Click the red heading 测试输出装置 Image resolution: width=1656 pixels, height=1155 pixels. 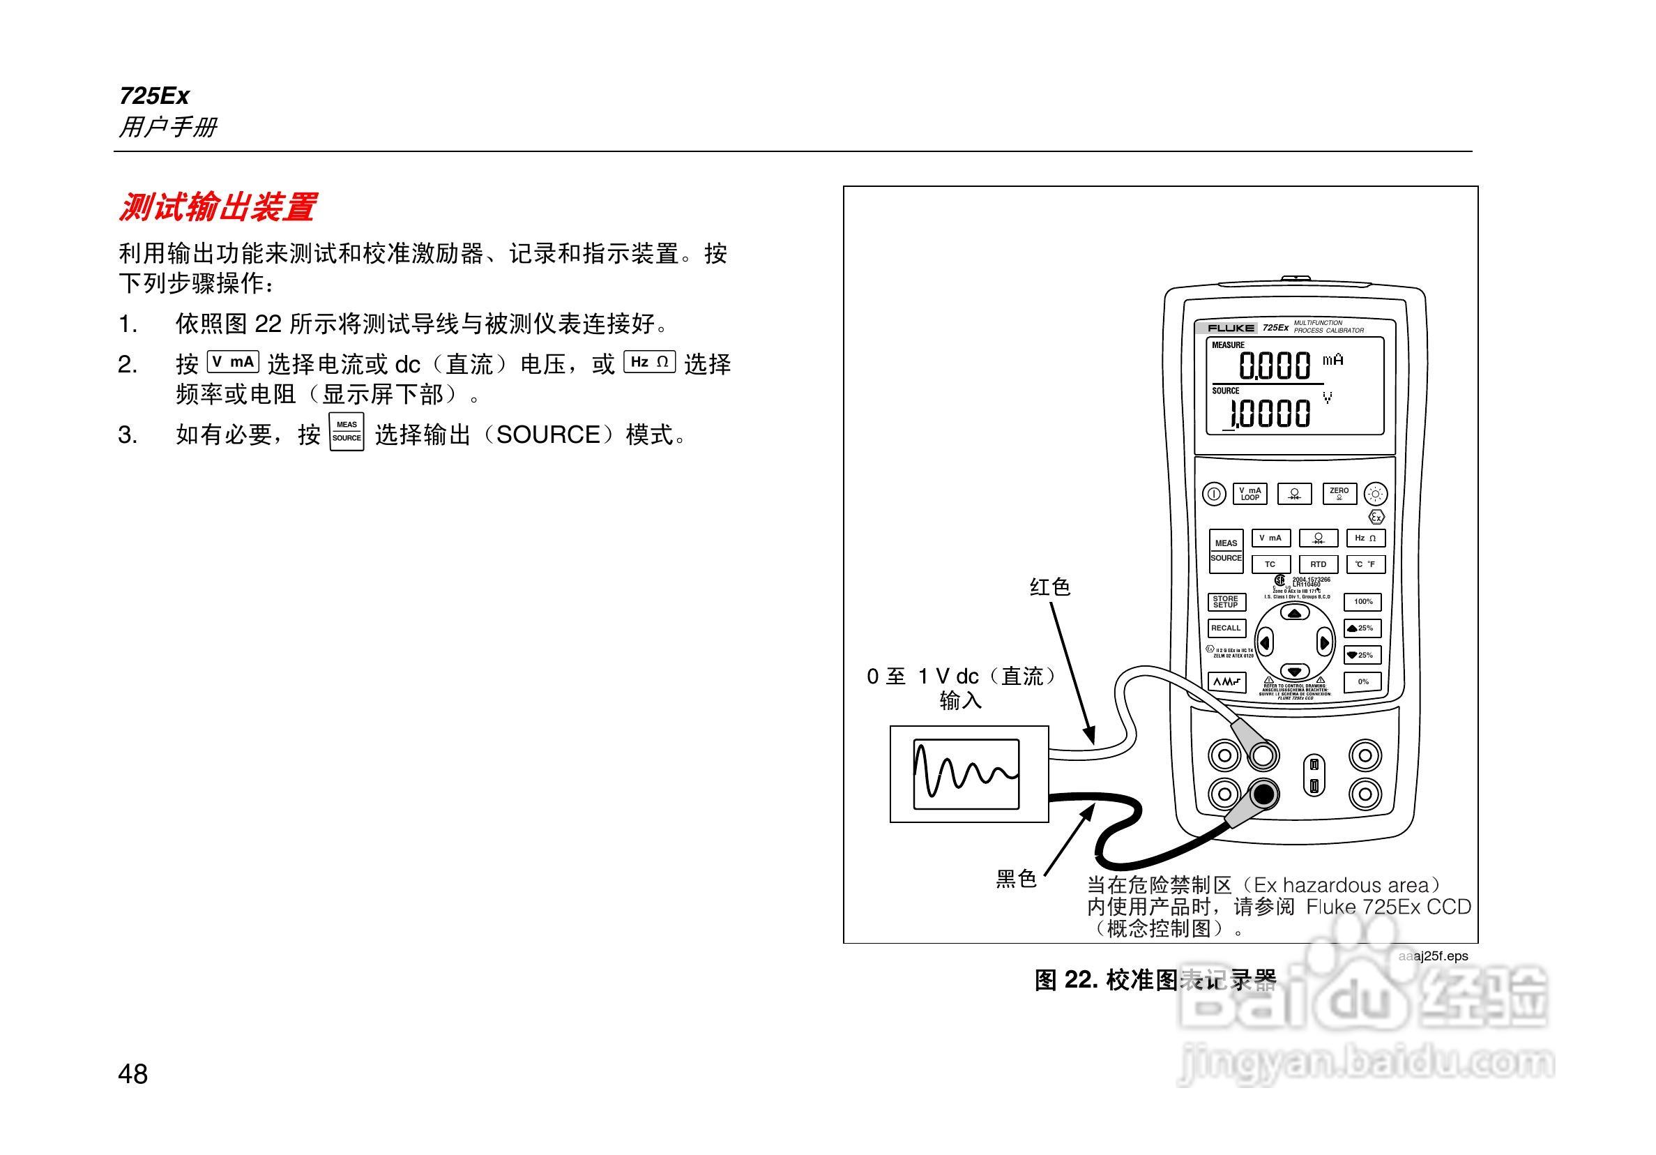tap(217, 208)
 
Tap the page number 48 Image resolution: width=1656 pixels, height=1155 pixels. tap(132, 1074)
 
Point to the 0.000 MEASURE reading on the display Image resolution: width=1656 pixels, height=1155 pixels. tap(1275, 365)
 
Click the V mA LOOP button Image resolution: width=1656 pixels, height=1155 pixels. tap(1249, 495)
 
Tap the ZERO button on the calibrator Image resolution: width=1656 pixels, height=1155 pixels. tap(1339, 495)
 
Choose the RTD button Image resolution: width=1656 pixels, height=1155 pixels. tap(1318, 564)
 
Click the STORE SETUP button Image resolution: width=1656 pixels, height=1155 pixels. tap(1225, 602)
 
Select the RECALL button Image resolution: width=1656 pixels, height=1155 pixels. tap(1225, 628)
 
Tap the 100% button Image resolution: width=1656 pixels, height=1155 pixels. tap(1362, 602)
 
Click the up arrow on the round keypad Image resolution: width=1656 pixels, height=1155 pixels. tap(1296, 613)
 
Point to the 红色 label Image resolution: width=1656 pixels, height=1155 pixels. tap(1049, 587)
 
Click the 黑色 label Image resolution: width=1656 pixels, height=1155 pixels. tap(1015, 878)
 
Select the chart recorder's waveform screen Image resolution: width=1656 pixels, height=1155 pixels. tap(966, 773)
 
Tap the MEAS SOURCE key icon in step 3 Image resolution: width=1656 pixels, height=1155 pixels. tap(347, 432)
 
